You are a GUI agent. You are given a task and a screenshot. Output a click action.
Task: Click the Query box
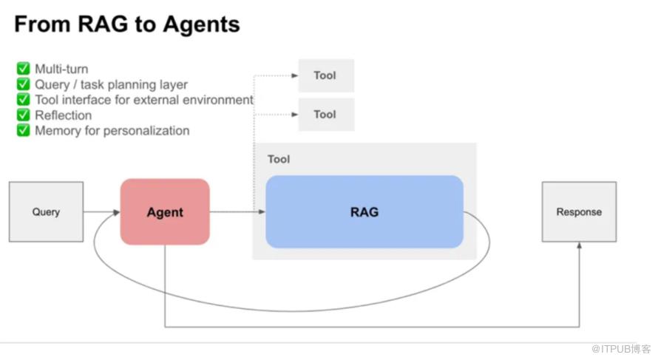click(46, 212)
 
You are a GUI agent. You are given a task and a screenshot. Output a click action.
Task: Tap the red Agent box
click(165, 212)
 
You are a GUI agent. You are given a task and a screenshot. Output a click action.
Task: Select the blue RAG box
click(364, 212)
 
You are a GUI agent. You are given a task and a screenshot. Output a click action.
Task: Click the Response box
click(579, 212)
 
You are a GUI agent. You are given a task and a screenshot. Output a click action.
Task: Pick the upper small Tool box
click(326, 75)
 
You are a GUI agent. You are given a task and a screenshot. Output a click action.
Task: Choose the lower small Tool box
click(326, 115)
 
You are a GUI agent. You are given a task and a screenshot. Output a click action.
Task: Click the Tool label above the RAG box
click(279, 159)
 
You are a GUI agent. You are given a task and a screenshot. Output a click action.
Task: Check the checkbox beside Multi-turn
click(24, 69)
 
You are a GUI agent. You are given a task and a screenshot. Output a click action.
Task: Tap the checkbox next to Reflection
click(24, 115)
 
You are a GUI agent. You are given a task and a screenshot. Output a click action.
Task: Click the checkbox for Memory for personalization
click(24, 131)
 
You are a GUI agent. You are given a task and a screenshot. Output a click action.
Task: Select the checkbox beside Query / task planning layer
click(24, 85)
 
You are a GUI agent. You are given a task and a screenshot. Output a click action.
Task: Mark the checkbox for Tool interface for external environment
click(24, 100)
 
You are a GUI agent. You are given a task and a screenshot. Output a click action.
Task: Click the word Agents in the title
click(199, 24)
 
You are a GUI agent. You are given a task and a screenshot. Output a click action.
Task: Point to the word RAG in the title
click(95, 24)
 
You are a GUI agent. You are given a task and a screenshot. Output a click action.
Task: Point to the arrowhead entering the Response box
click(579, 246)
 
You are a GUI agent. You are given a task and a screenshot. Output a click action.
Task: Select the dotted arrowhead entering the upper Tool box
click(294, 75)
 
